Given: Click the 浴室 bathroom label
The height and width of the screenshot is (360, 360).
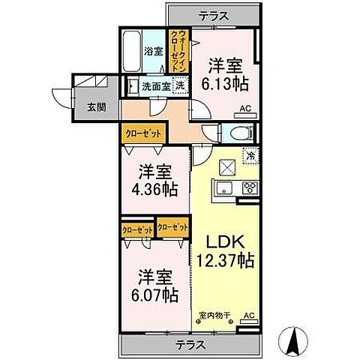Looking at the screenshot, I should (x=152, y=52).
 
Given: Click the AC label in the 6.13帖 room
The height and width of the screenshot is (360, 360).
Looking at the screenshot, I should (x=244, y=108).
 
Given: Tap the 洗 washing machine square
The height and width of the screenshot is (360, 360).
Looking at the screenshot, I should (x=180, y=85).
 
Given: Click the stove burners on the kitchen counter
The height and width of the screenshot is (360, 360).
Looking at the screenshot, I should (x=249, y=188).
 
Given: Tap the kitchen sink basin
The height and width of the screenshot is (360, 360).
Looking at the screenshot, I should (x=225, y=187).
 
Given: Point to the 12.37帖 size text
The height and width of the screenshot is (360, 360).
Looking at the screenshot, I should (x=225, y=261).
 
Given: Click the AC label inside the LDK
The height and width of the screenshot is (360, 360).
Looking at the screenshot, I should (x=250, y=316).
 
